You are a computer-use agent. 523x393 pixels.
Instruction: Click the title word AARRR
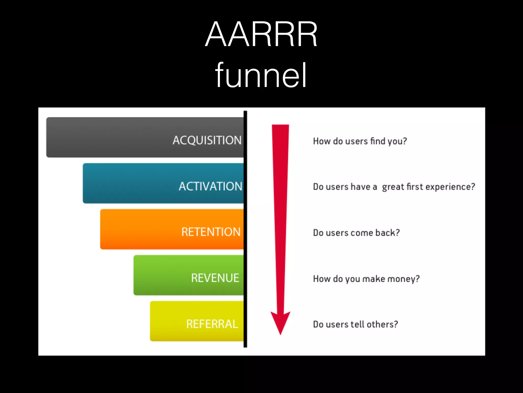(x=261, y=35)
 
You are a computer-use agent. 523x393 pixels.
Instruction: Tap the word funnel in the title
(x=261, y=75)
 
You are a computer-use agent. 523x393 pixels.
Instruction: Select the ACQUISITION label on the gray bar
(x=207, y=140)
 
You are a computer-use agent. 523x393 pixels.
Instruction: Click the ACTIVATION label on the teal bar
(x=210, y=186)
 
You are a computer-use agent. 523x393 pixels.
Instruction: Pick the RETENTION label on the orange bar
(x=211, y=232)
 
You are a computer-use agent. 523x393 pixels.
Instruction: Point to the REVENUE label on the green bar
(x=215, y=278)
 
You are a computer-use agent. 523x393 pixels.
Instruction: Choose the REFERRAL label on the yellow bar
(x=212, y=324)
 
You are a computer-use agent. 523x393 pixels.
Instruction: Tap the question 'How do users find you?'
(x=360, y=141)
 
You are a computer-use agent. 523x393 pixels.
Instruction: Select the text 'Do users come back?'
(x=356, y=233)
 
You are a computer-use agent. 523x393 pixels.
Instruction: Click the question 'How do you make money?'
(x=366, y=279)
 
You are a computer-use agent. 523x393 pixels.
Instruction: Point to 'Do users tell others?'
(x=355, y=324)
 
